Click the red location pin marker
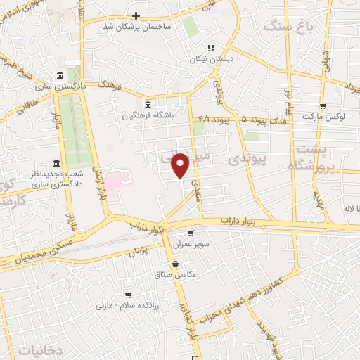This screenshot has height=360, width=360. coord(181,165)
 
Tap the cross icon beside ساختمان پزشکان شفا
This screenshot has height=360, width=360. coord(136,15)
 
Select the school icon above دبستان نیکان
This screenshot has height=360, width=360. coord(210,49)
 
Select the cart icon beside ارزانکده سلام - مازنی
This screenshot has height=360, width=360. coord(127,295)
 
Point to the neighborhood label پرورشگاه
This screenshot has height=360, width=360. coord(309,165)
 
